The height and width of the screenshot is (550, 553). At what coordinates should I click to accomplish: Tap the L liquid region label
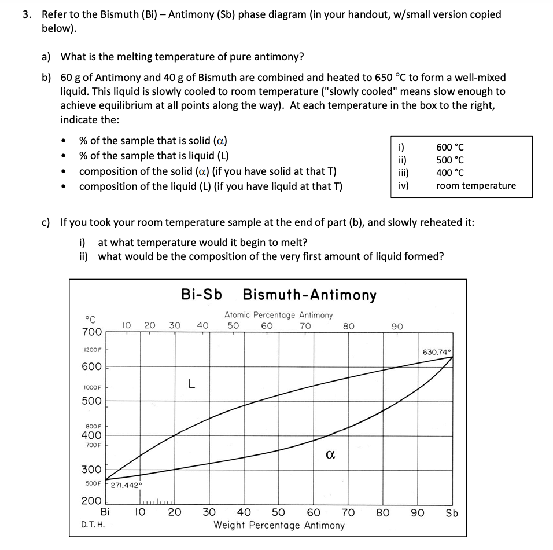tap(191, 383)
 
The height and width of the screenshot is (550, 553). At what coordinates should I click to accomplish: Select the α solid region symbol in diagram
tap(330, 456)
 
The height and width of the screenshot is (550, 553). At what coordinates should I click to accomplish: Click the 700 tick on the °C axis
tap(91, 332)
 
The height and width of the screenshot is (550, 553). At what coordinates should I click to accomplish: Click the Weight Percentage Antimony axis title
tap(279, 526)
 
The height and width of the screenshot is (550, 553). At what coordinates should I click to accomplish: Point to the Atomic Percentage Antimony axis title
tap(279, 315)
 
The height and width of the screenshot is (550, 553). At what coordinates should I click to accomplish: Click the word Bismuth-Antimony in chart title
tap(309, 295)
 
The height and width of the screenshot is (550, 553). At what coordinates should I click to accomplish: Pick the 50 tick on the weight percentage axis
tap(278, 513)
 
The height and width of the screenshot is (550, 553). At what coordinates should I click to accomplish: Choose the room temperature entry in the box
tap(475, 186)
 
